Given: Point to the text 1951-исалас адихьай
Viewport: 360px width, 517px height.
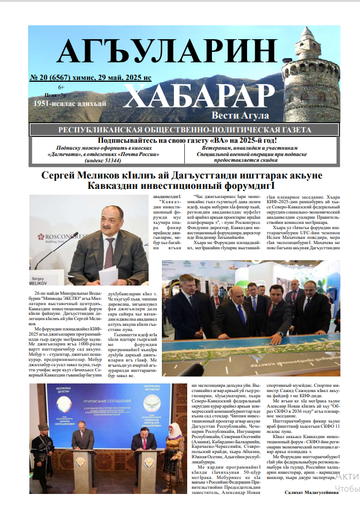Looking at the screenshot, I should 70,104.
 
